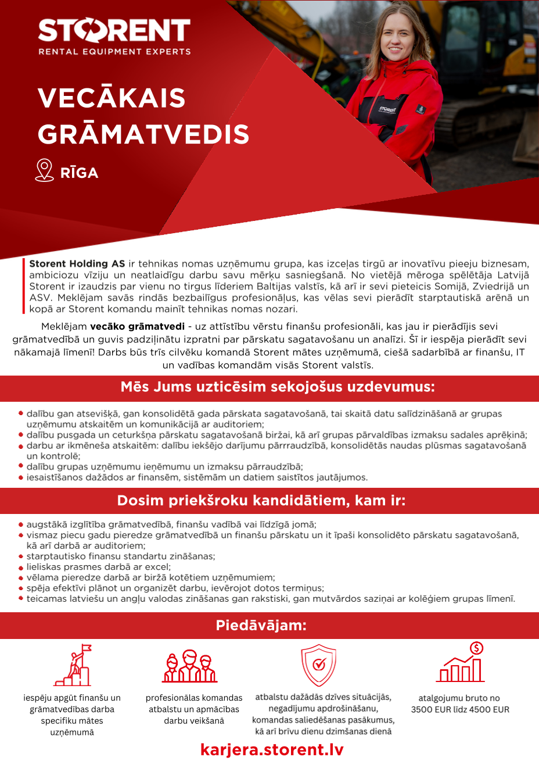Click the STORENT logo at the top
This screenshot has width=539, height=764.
tap(114, 31)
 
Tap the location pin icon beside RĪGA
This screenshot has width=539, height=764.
tap(44, 170)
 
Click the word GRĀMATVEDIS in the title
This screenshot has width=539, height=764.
tap(143, 134)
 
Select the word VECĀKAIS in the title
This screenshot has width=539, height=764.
tap(112, 98)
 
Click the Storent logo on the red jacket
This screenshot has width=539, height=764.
tap(387, 109)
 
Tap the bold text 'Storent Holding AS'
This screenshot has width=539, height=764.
tap(77, 264)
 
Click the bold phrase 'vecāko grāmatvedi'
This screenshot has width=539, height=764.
tap(137, 327)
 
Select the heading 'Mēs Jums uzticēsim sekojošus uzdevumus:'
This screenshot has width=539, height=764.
tap(278, 387)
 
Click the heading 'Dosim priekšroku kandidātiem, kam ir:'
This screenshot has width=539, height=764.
tap(261, 501)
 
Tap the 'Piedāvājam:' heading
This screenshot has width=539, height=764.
tap(261, 626)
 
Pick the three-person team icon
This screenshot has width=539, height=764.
tap(189, 666)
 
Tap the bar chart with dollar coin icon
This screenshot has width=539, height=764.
tap(461, 663)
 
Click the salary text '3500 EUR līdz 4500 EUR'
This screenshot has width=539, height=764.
tap(460, 709)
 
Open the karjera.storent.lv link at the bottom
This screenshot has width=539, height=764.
tap(272, 749)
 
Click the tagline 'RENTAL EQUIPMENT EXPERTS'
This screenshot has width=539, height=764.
tap(114, 52)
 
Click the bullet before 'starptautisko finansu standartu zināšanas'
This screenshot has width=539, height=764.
tap(21, 556)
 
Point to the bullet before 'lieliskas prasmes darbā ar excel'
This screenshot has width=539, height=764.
tap(21, 567)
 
